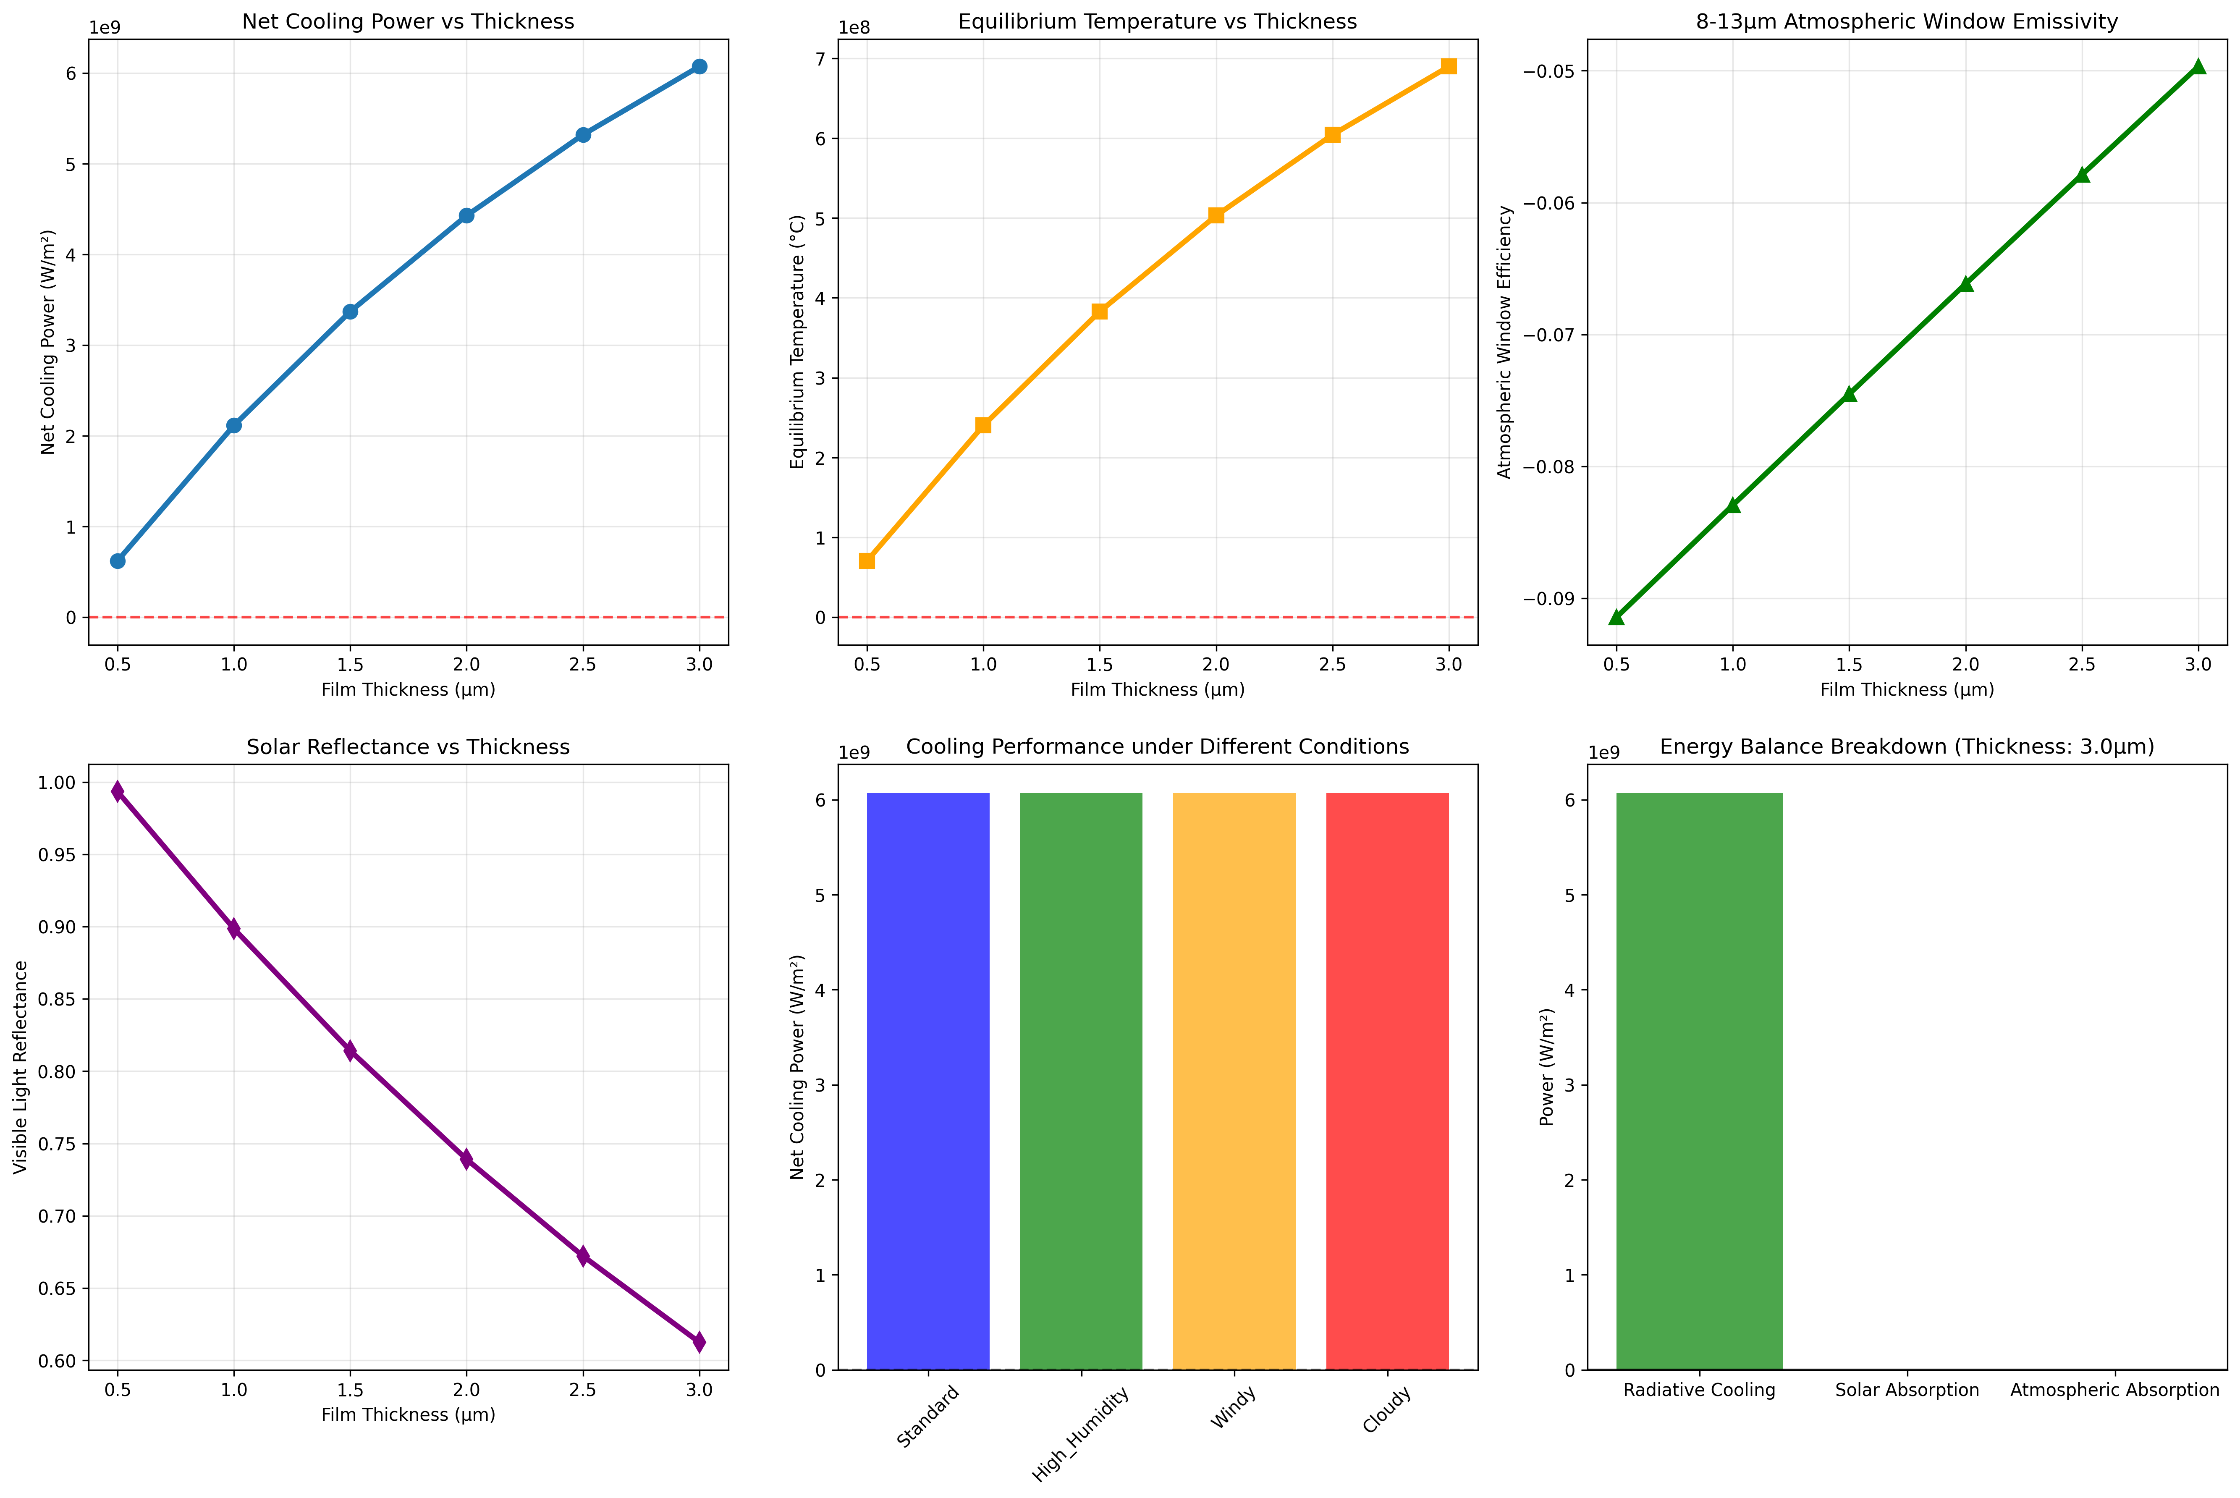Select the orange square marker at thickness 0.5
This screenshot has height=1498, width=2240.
866,561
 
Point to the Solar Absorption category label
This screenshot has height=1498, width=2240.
1907,1390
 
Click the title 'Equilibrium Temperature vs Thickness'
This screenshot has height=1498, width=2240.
1158,21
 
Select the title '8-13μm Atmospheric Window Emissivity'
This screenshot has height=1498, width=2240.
1907,21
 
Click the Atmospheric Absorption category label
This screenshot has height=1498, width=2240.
2115,1390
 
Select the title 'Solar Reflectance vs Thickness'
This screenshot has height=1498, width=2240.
408,747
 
